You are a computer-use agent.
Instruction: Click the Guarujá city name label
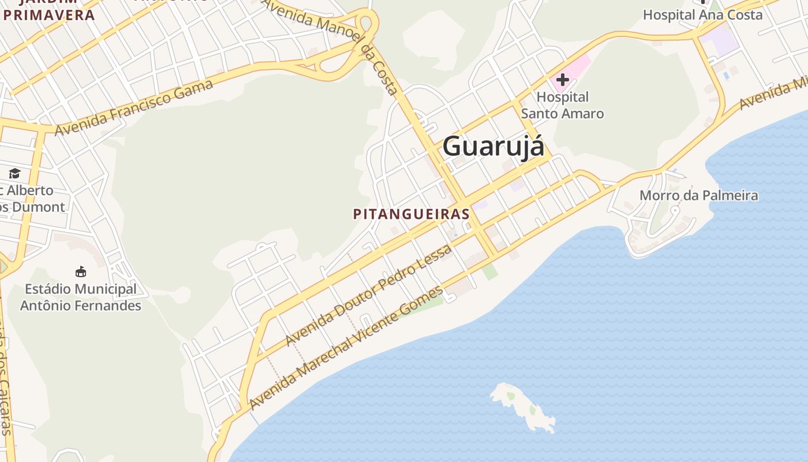493,146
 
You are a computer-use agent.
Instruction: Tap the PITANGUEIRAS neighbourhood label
412,214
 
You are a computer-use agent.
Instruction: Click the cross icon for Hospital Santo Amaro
562,80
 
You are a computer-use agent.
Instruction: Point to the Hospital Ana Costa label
702,15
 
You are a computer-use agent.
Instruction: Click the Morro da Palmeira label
698,195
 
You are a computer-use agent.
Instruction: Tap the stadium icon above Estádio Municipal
81,271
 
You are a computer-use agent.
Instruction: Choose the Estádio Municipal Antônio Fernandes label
81,297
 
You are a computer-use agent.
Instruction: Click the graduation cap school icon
14,173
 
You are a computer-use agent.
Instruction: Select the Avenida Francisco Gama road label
134,107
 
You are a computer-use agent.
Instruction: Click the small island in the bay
522,407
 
